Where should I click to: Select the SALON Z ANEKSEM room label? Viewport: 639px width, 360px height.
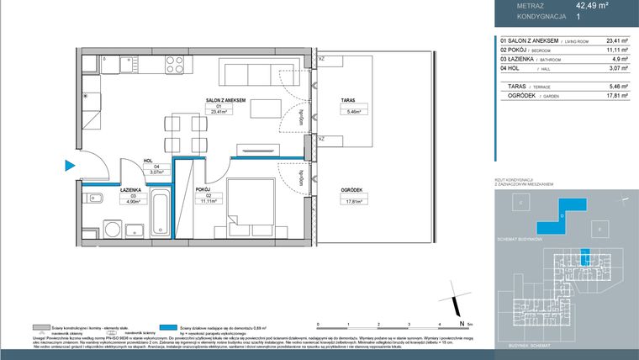tap(224, 100)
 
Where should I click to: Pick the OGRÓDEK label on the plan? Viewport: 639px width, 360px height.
tap(351, 191)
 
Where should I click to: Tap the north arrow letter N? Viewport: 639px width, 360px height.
tap(462, 322)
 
